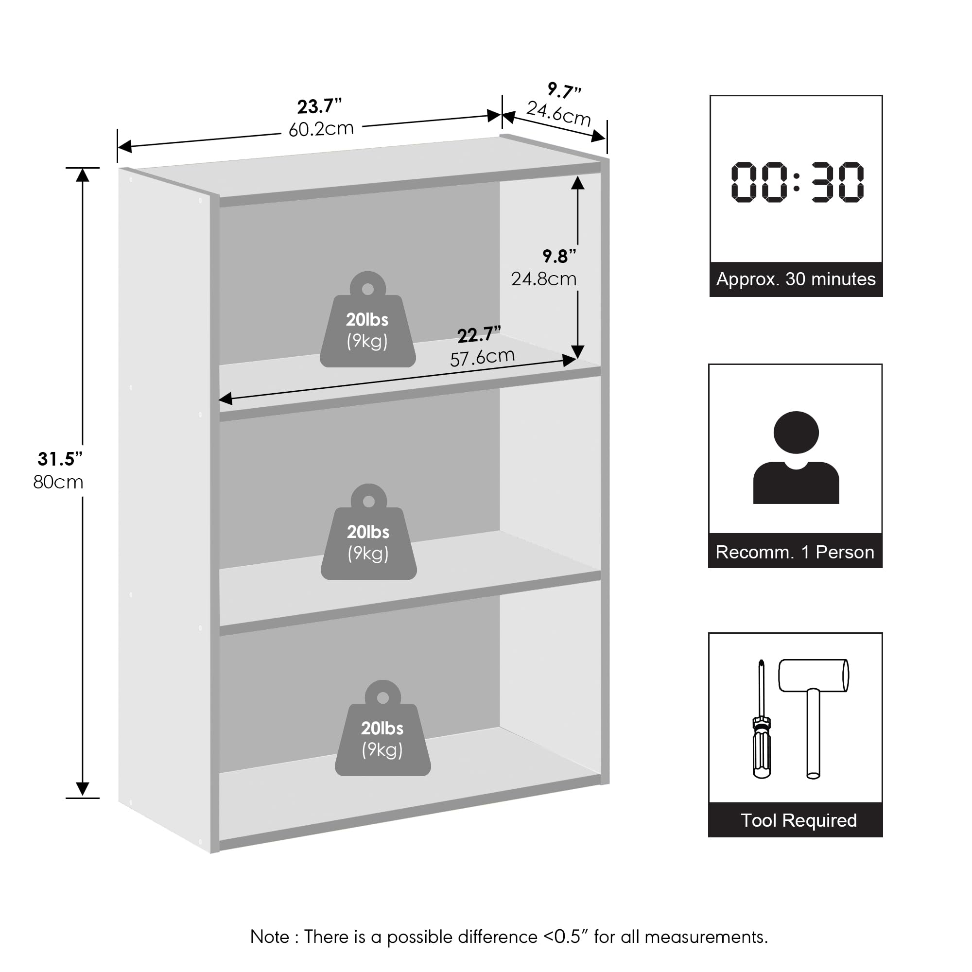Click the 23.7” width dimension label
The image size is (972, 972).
coord(319,106)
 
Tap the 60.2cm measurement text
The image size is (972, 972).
coord(321,129)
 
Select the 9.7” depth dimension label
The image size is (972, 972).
coord(564,90)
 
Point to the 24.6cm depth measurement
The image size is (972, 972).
coord(558,114)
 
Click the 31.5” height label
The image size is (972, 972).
coord(60,459)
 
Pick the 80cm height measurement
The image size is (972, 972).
coord(58,482)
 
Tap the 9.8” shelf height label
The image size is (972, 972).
coord(559,257)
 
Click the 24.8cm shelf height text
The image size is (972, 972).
coord(544,278)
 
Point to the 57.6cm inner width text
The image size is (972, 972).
coord(483,357)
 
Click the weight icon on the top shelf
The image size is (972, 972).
coord(368,320)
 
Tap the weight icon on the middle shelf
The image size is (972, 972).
coord(369,532)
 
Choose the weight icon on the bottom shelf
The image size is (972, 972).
coord(383,729)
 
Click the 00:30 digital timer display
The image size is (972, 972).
coord(798,182)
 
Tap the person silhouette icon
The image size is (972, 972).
coord(797,457)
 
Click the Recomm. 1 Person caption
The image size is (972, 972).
coord(795,553)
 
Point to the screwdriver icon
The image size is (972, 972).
coord(762,719)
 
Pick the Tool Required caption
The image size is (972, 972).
coord(799,820)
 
